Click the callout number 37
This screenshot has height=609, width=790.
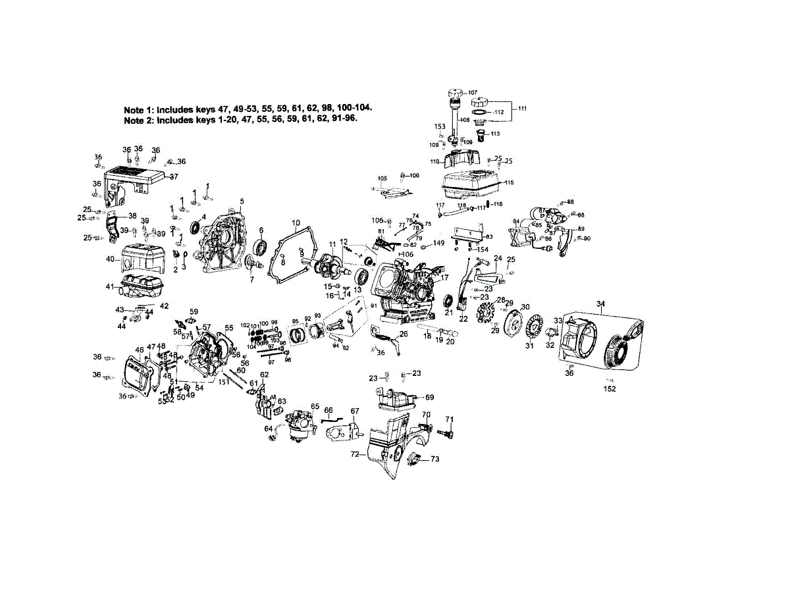(174, 176)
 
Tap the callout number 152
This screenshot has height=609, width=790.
(610, 389)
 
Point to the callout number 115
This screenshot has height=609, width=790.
(509, 182)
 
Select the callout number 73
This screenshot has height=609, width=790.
(434, 460)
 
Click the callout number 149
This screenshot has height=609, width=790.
(438, 244)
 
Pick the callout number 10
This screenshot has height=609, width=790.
(296, 223)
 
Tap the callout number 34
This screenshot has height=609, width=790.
(600, 304)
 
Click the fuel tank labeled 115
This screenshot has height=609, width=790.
(471, 184)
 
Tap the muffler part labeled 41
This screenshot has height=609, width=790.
(142, 288)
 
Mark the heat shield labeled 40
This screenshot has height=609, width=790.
(140, 258)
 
